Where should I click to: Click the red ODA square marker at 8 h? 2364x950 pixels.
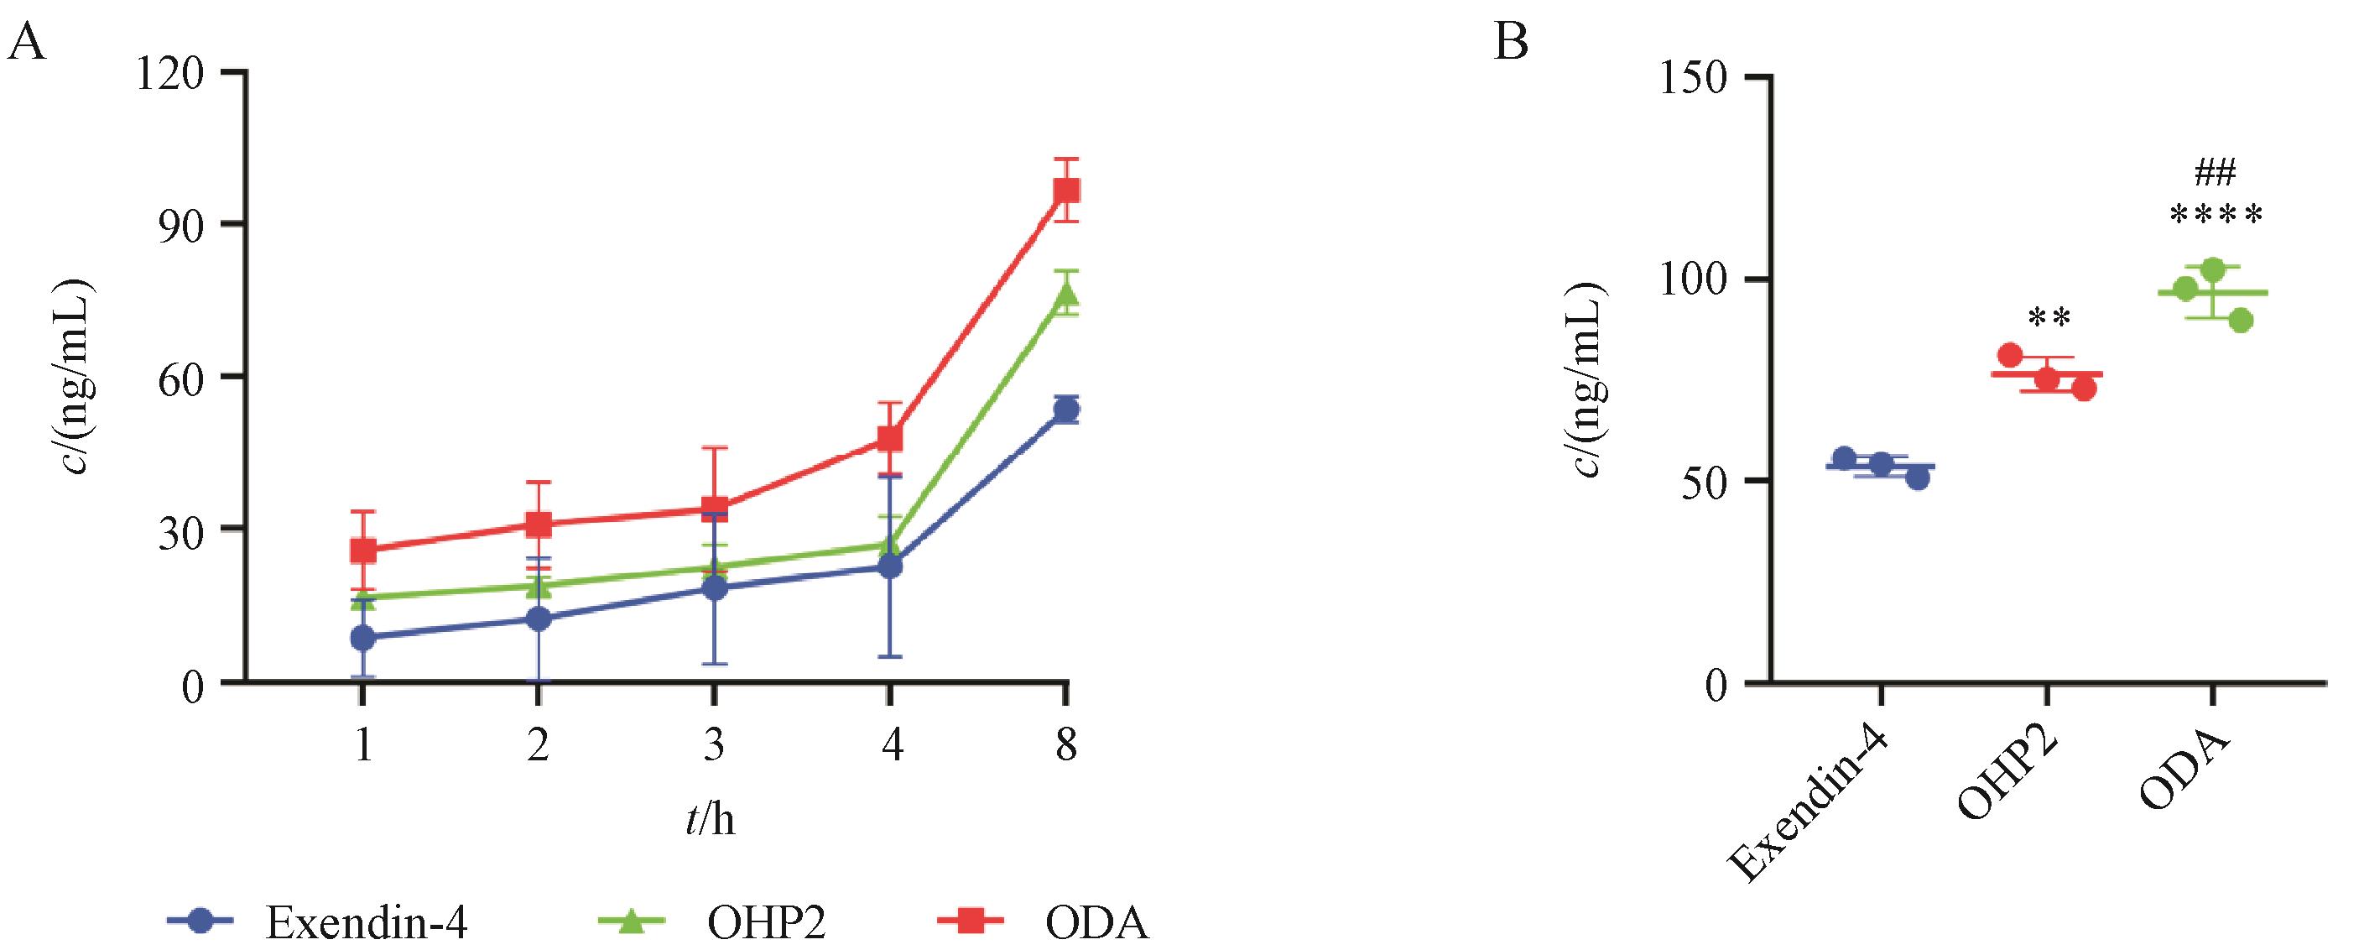tap(1065, 190)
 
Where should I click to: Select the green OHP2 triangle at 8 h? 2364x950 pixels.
tap(1065, 293)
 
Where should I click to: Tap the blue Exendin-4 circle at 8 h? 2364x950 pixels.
tap(1065, 410)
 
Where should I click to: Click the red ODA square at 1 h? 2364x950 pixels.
tap(363, 551)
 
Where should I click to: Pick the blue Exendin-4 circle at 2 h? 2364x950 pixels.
tap(539, 619)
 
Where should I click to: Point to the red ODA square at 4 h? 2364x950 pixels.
tap(889, 438)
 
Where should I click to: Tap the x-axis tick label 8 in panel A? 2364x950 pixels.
tap(1065, 746)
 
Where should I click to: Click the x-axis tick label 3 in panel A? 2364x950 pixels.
tap(714, 746)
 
